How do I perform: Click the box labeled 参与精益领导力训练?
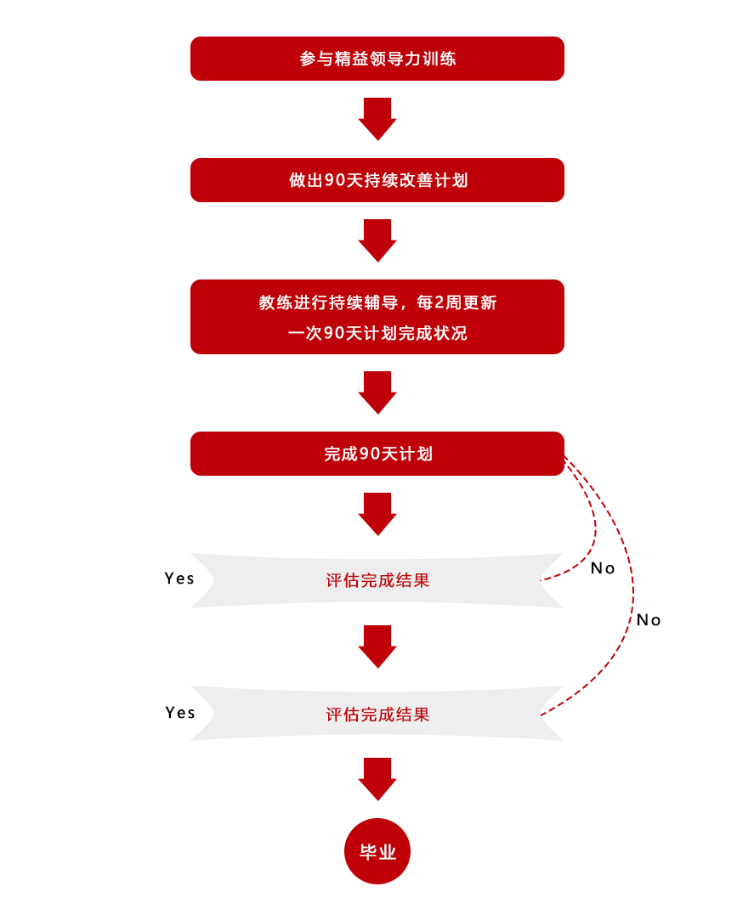tap(377, 59)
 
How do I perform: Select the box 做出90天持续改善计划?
tap(377, 180)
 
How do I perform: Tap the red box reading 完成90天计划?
tap(377, 454)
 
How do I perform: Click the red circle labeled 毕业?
tap(377, 851)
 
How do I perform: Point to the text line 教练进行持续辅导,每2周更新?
tap(377, 302)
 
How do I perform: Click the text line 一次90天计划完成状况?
tap(377, 333)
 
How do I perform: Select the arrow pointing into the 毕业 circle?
tap(377, 778)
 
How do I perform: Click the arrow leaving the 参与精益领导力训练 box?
tap(377, 118)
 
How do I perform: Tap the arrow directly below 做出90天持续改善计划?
tap(377, 240)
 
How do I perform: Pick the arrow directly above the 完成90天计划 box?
tap(377, 392)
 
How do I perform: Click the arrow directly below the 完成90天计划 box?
tap(377, 513)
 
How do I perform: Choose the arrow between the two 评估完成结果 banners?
tap(377, 646)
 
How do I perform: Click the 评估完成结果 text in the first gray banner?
tap(377, 581)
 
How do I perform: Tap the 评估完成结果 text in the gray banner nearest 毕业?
tap(377, 714)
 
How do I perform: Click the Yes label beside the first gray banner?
tap(179, 579)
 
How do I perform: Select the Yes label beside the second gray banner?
tap(180, 713)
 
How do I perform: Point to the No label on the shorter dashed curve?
tap(603, 568)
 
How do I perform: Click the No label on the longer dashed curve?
tap(649, 620)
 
